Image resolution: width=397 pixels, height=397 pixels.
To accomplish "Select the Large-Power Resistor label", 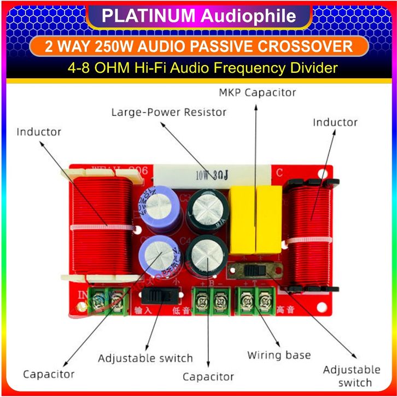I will (168, 113).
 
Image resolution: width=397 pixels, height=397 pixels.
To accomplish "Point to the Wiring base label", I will (279, 355).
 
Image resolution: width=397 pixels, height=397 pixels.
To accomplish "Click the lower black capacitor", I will (208, 256).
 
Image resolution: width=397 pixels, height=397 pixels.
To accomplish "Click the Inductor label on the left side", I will (38, 132).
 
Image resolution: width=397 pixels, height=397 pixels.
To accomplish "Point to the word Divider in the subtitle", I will (314, 68).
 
